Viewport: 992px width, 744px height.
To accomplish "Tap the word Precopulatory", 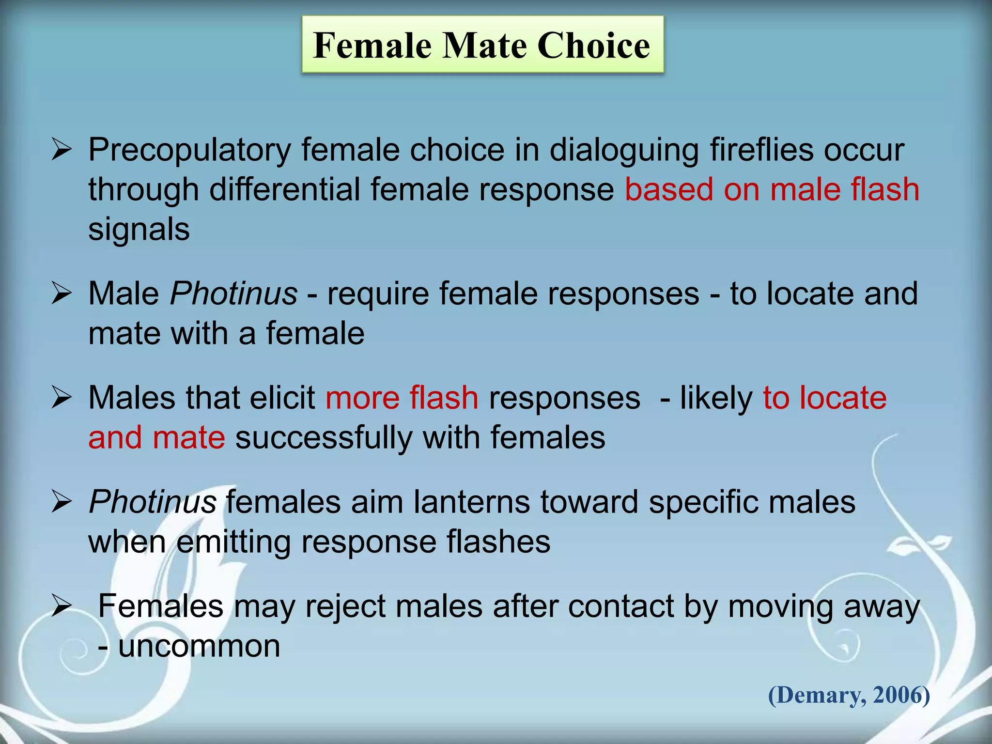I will tap(189, 150).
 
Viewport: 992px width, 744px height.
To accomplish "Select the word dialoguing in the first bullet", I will tap(624, 150).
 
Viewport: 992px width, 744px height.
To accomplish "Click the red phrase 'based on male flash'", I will tap(772, 189).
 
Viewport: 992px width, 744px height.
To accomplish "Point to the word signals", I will tap(139, 229).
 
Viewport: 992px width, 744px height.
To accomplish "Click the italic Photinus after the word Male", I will tap(233, 294).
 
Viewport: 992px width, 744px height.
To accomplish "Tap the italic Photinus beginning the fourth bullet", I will tap(153, 502).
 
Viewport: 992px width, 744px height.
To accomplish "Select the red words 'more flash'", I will tap(402, 398).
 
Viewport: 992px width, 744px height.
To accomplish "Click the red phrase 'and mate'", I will tap(156, 437).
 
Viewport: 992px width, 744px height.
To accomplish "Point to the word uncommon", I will tap(199, 646).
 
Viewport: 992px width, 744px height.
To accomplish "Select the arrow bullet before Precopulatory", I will tap(62, 150).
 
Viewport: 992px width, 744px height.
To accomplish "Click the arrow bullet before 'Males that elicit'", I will tap(62, 398).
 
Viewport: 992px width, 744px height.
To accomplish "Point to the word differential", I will tap(285, 189).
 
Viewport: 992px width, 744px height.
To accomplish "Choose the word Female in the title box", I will tap(372, 45).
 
